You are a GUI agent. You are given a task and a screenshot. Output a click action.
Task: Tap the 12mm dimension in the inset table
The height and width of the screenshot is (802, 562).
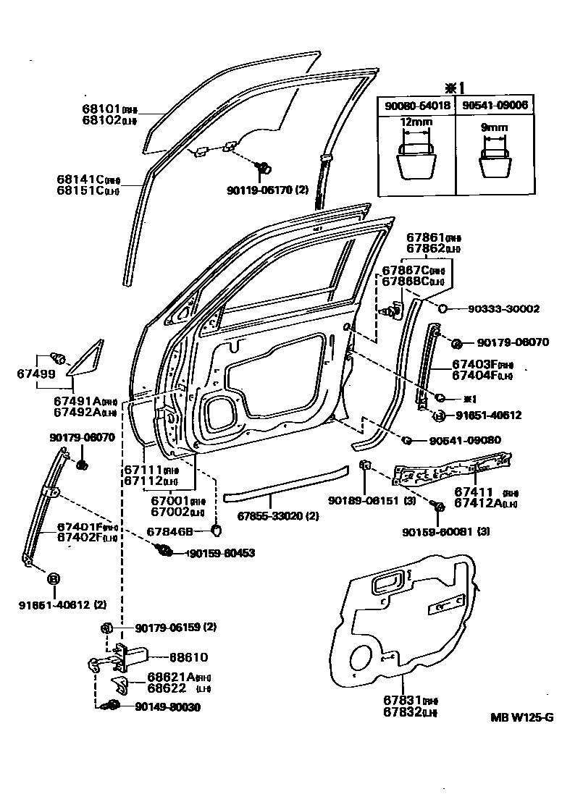(x=416, y=123)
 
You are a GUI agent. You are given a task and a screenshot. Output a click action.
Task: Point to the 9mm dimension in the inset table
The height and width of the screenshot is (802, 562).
(x=495, y=127)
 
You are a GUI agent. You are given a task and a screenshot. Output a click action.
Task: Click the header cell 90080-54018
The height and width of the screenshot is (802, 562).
(x=416, y=105)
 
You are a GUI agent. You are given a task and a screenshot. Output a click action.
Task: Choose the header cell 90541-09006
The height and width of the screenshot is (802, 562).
(x=495, y=105)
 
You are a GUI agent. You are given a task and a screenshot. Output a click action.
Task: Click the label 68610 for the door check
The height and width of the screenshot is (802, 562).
(x=188, y=657)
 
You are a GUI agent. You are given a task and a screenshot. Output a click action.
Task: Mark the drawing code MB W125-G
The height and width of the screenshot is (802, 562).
(x=521, y=717)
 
